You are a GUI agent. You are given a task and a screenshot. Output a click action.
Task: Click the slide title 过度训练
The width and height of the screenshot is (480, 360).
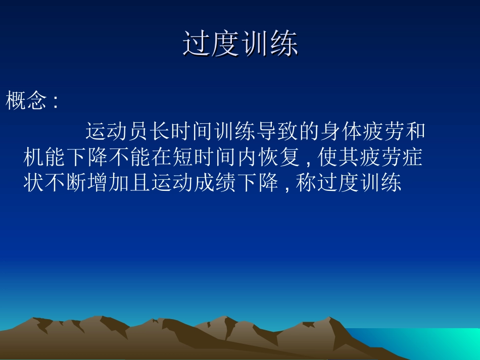pyautogui.click(x=240, y=45)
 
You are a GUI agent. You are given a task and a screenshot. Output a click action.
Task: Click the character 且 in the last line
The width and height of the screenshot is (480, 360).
pyautogui.click(x=140, y=183)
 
